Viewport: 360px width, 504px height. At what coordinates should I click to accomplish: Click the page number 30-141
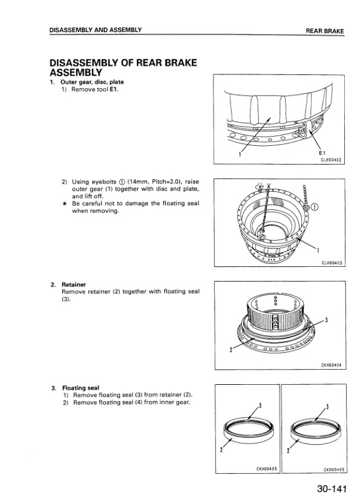[332, 489]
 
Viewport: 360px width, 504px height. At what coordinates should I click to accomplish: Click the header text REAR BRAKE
[325, 31]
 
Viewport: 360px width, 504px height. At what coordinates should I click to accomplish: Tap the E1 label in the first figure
[321, 153]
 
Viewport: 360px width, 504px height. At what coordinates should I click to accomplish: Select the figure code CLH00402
[331, 160]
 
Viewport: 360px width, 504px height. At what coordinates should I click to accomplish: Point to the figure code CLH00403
[332, 263]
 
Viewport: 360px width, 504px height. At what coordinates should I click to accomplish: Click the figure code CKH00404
[332, 365]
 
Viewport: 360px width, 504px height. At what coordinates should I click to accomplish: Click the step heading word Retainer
[74, 284]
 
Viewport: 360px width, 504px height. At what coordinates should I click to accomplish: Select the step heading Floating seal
[80, 388]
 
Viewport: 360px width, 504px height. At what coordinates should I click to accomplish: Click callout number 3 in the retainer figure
[327, 320]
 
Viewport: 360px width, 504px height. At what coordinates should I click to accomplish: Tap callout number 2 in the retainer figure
[231, 350]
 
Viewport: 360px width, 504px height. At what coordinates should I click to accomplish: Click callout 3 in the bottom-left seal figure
[260, 405]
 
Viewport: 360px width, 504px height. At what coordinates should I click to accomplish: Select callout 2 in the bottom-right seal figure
[288, 451]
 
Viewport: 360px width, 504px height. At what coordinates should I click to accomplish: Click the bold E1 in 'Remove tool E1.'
[114, 90]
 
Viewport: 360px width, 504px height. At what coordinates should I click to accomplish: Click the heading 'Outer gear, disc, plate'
[92, 82]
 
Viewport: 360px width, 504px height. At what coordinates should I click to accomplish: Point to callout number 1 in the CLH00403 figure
[318, 250]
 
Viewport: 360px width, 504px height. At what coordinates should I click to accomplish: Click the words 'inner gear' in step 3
[174, 402]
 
